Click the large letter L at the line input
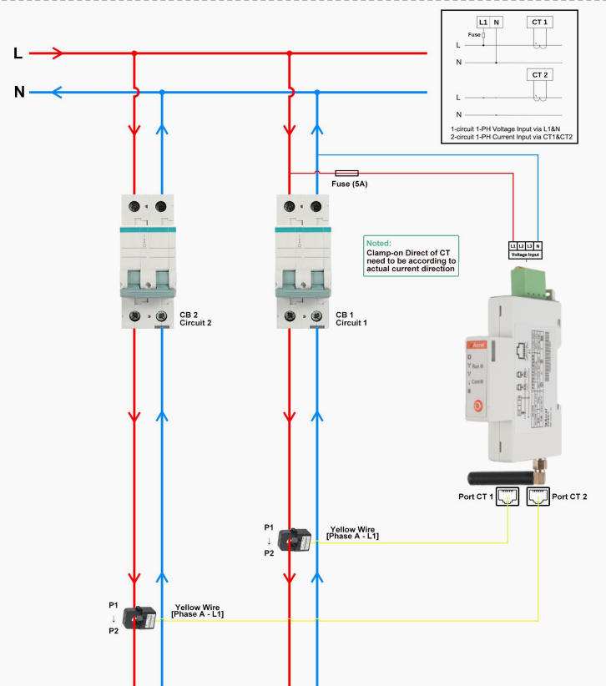(x=18, y=54)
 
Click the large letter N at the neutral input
(x=19, y=92)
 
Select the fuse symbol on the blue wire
(x=346, y=172)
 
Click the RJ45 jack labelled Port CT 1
(x=508, y=497)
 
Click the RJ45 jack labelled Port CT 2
(x=538, y=497)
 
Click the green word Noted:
(x=380, y=243)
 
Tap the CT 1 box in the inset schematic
(x=540, y=21)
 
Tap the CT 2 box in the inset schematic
(x=540, y=75)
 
